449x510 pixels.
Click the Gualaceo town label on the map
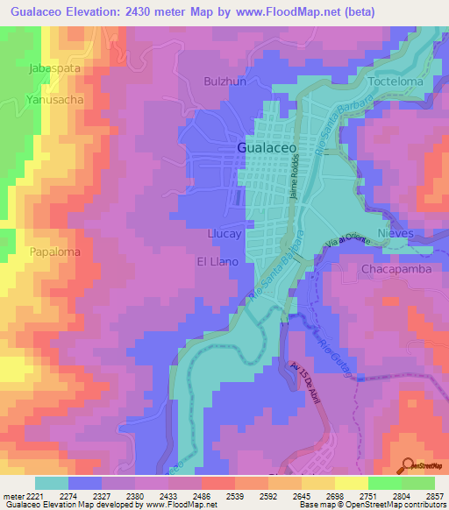coord(267,148)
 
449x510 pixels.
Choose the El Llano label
coord(217,261)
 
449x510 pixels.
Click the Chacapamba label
coord(396,270)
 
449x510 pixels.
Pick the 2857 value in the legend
coord(434,496)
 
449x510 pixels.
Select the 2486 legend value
coord(201,496)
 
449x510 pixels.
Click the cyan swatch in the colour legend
coord(52,483)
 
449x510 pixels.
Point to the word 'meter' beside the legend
coord(12,496)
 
